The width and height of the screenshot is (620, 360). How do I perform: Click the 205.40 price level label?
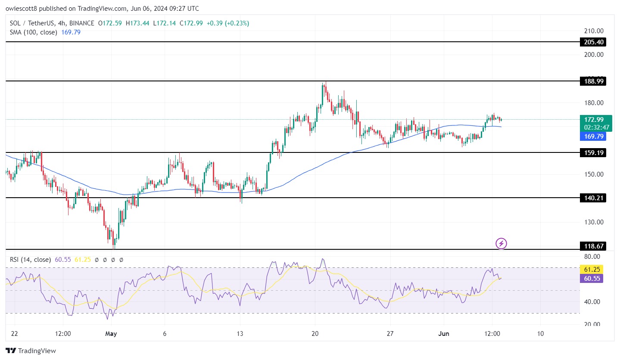pyautogui.click(x=593, y=42)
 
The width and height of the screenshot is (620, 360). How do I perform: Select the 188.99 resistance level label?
pyautogui.click(x=593, y=81)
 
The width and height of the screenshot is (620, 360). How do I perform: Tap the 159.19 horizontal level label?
pyautogui.click(x=593, y=152)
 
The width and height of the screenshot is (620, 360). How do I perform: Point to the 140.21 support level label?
pyautogui.click(x=593, y=198)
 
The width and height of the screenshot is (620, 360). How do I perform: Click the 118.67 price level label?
pyautogui.click(x=593, y=246)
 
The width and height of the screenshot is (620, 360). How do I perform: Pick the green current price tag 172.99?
pyautogui.click(x=593, y=119)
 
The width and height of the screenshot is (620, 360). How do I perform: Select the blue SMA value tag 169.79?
pyautogui.click(x=593, y=137)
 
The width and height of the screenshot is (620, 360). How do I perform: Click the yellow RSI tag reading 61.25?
pyautogui.click(x=593, y=269)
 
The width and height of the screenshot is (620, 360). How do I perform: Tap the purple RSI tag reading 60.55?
pyautogui.click(x=593, y=278)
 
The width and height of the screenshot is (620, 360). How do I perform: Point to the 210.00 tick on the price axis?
pyautogui.click(x=593, y=31)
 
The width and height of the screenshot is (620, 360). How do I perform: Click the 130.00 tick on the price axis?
pyautogui.click(x=593, y=222)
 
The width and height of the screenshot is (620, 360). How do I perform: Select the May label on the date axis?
pyautogui.click(x=111, y=334)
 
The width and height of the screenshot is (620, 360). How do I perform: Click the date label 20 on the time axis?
pyautogui.click(x=315, y=334)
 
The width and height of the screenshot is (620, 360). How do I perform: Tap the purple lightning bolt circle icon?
pyautogui.click(x=501, y=244)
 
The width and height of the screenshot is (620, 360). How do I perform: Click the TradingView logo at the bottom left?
pyautogui.click(x=31, y=351)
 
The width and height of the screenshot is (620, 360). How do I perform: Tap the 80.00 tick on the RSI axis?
pyautogui.click(x=593, y=257)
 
